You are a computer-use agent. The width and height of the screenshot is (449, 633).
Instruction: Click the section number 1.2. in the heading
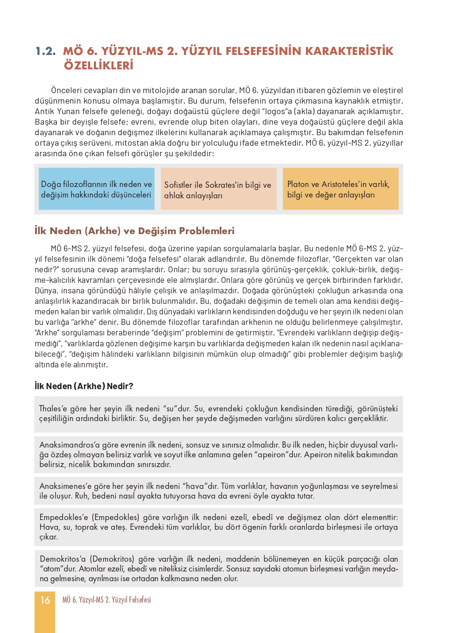pos(46,51)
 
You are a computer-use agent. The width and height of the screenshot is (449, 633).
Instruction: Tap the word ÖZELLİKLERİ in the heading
pos(99,65)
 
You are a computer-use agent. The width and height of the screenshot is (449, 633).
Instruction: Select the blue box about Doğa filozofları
pos(96,189)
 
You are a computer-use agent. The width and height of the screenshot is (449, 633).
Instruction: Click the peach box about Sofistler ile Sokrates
pos(218,189)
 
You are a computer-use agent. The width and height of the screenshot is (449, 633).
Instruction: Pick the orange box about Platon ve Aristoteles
pos(340,189)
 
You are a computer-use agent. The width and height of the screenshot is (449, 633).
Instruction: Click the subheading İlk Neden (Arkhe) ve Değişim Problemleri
pos(134,231)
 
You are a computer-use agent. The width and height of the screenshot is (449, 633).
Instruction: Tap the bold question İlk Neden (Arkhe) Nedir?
pos(84,386)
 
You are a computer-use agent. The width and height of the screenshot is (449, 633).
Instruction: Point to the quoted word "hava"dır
pos(200,486)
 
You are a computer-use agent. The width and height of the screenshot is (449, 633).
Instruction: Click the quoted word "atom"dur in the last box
pos(58,569)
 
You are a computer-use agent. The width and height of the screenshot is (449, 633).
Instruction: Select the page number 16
pos(45,600)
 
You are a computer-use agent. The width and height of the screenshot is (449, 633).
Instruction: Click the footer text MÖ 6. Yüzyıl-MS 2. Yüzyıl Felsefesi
pos(106,600)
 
